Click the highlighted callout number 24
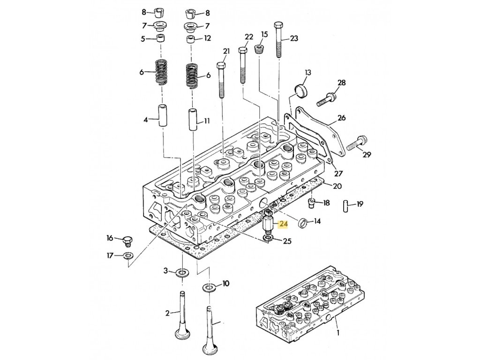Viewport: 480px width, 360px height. click(283, 225)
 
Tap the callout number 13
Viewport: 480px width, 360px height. click(307, 73)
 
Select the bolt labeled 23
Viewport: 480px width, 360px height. click(278, 39)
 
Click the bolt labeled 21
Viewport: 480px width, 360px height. click(221, 80)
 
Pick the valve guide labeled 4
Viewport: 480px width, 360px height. click(162, 115)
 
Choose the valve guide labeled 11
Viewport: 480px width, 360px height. click(193, 119)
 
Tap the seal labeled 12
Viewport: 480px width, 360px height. click(191, 39)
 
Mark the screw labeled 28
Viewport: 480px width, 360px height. click(327, 99)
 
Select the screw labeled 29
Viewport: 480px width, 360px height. click(358, 144)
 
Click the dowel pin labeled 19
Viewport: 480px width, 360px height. click(345, 206)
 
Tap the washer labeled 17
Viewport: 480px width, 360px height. click(127, 255)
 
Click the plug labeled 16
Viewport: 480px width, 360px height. click(127, 241)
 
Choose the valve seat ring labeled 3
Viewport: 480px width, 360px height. click(183, 272)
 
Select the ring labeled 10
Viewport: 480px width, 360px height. click(209, 287)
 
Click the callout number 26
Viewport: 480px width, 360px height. click(342, 118)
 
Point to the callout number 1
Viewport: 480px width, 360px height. click(338, 332)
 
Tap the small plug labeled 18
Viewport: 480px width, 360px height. click(312, 203)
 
